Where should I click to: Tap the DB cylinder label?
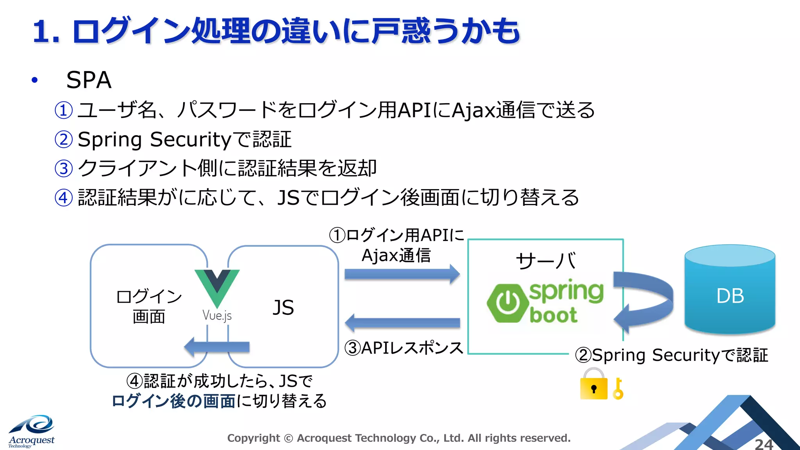(x=730, y=296)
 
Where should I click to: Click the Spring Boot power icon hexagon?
(x=507, y=303)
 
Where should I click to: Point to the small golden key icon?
(x=618, y=389)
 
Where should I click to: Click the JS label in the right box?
(x=283, y=307)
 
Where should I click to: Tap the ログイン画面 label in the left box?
(x=149, y=307)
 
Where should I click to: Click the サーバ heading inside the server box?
(x=545, y=261)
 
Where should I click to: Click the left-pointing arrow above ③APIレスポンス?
(x=402, y=323)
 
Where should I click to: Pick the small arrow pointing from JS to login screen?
(x=217, y=346)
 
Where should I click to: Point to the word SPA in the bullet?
(x=89, y=80)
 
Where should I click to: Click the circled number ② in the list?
(x=63, y=139)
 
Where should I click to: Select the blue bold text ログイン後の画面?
(x=173, y=401)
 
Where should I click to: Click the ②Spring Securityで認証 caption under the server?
(x=671, y=355)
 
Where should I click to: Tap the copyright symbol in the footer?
(x=288, y=438)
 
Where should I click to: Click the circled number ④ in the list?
(x=63, y=198)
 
